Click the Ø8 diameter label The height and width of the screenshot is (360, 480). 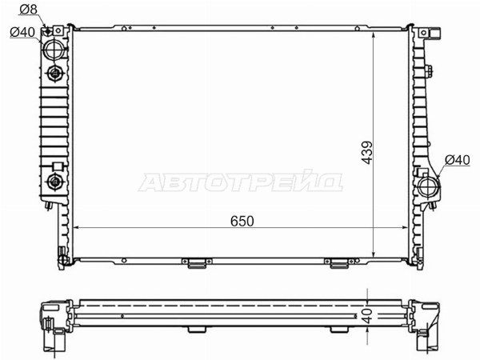[28, 10]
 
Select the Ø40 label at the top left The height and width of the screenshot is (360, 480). [22, 32]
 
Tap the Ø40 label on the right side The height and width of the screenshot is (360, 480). [456, 160]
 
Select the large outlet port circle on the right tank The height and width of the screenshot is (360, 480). [428, 190]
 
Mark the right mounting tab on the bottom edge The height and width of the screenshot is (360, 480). [339, 262]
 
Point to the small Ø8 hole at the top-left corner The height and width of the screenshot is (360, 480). [50, 31]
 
